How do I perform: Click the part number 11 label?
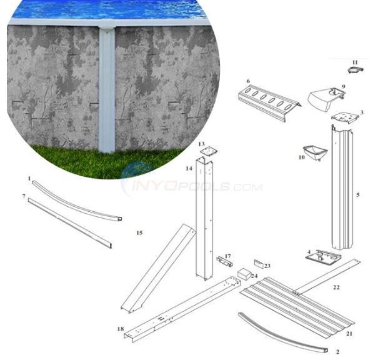[354, 62]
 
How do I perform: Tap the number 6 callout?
[248, 81]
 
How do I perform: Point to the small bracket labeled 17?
[223, 260]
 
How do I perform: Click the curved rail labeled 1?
[75, 198]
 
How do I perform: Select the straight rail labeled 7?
[72, 222]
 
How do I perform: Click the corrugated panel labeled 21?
[300, 306]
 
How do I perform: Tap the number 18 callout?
[120, 328]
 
